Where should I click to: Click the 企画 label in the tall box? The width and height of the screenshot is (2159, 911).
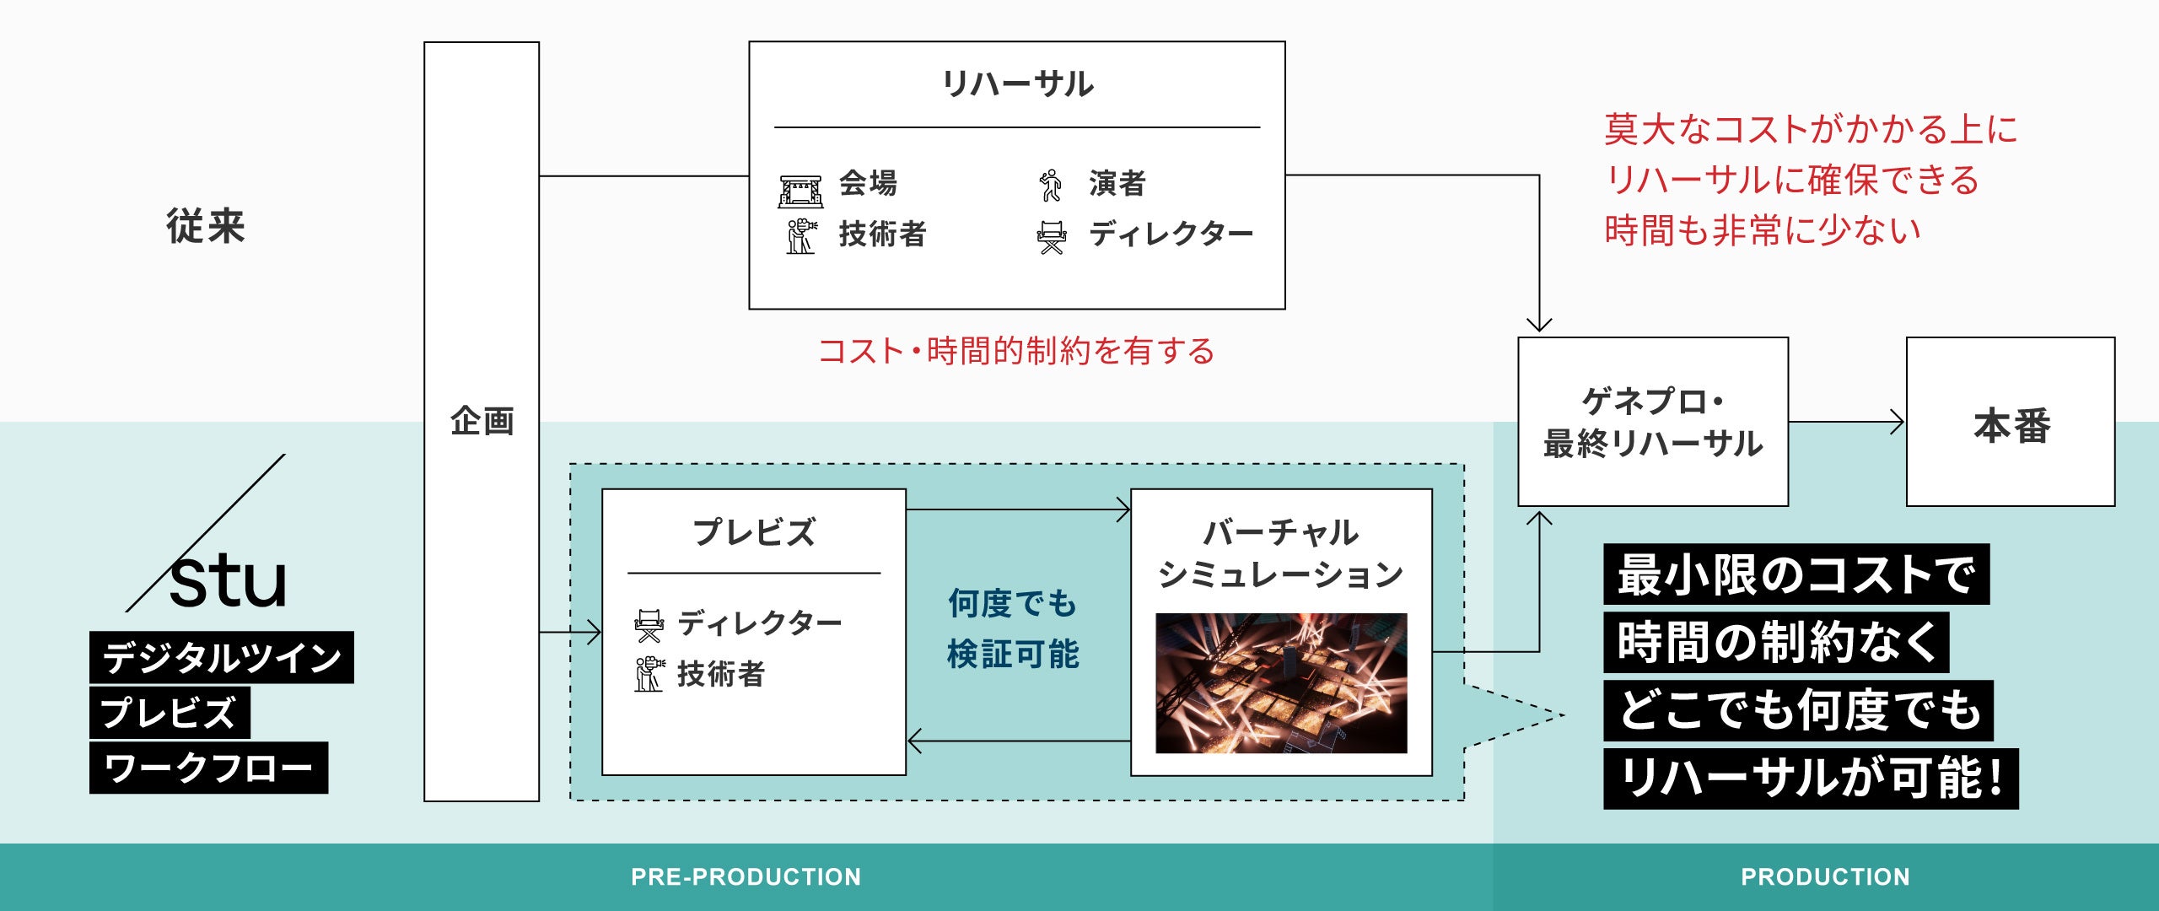coord(482,421)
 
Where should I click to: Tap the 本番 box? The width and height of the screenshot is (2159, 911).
coord(2011,422)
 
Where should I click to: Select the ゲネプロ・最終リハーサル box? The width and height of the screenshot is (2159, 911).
coord(1652,422)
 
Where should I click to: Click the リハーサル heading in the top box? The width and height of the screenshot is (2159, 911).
coord(1017,84)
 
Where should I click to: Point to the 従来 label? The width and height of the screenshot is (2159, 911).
coord(206,226)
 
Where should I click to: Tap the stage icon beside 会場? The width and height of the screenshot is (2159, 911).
coord(800,190)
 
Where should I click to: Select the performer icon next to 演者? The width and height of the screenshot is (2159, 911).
coord(1051,185)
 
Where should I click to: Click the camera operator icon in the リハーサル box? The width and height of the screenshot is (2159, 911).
coord(801,236)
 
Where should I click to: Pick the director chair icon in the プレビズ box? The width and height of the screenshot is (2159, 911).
coord(649,625)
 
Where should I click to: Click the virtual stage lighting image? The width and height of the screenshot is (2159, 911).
coord(1280,683)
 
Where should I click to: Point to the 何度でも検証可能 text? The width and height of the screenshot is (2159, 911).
coord(1013,628)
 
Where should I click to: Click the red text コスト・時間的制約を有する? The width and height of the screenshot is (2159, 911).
coord(1016,351)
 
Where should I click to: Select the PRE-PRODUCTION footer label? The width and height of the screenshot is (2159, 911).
coord(746,877)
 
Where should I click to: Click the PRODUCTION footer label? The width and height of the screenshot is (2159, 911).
coord(1825,877)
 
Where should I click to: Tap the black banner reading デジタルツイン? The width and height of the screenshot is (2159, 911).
coord(221,657)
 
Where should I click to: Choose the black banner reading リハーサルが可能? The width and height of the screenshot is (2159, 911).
coord(1810,779)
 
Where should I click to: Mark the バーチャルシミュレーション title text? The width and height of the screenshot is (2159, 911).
coord(1280,553)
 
